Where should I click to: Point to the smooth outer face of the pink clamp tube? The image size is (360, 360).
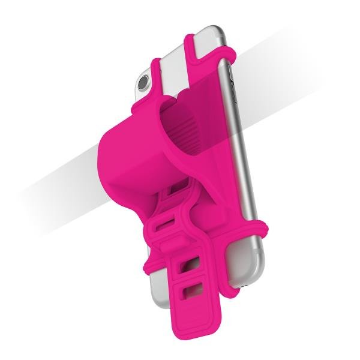pyautogui.click(x=120, y=156)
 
